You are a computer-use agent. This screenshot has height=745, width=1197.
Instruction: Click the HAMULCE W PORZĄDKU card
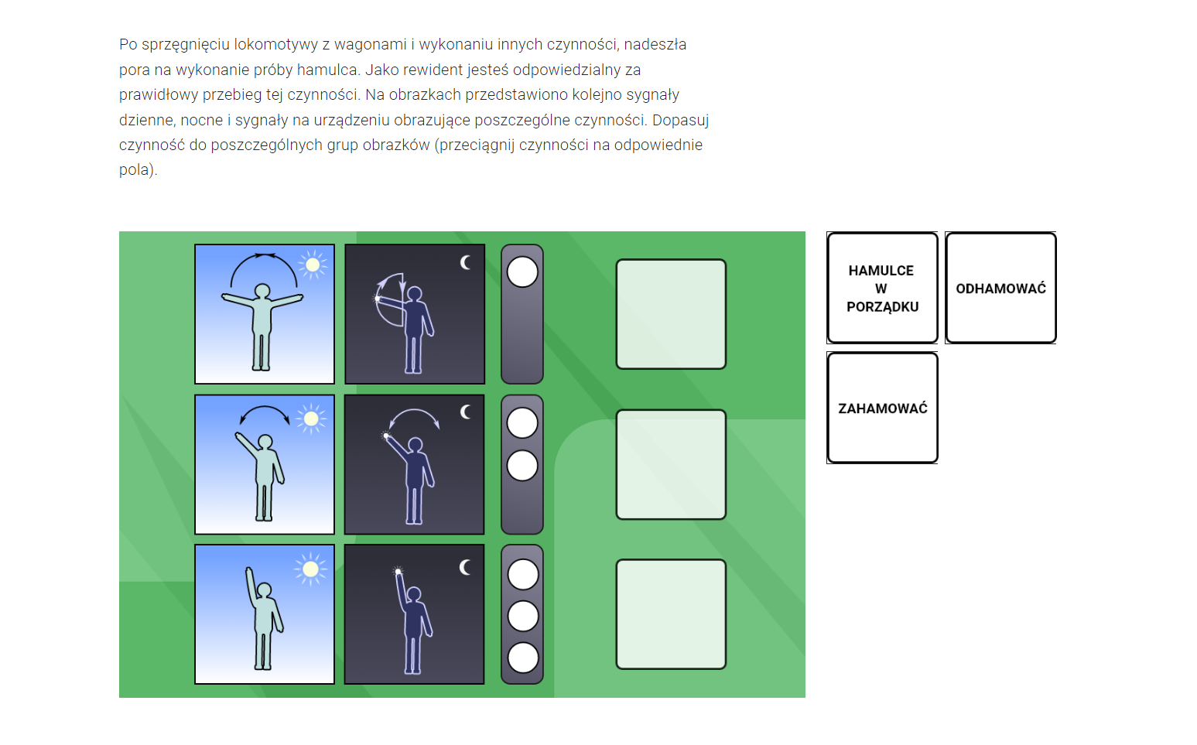click(882, 288)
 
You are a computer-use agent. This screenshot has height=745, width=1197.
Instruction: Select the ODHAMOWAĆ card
click(1000, 288)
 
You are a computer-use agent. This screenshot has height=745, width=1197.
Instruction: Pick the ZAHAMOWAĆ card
click(882, 408)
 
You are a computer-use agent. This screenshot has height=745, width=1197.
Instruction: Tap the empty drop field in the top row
click(671, 314)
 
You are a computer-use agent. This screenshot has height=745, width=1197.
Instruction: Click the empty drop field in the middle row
click(671, 464)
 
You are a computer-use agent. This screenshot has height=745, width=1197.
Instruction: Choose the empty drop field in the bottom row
click(671, 614)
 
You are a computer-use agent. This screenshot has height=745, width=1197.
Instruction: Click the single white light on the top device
click(522, 272)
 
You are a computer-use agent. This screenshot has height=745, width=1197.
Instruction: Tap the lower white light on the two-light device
click(522, 466)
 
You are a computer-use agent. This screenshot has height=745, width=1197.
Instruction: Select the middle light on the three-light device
click(522, 616)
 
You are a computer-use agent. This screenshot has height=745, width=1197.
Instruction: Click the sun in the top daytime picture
click(313, 265)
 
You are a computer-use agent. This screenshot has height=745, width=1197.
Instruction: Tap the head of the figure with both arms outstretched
click(262, 291)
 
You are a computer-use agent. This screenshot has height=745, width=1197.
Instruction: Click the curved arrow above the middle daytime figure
click(265, 407)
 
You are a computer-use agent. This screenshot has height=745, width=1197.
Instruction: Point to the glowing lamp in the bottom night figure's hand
click(398, 572)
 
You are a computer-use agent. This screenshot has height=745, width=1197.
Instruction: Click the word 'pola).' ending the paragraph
click(138, 170)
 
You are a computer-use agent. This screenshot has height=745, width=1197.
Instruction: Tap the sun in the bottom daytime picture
click(310, 569)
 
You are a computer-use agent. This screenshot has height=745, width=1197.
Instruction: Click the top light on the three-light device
click(522, 575)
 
